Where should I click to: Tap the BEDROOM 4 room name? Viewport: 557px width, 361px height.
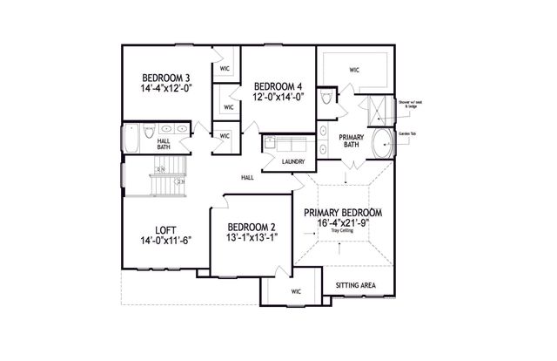(278, 85)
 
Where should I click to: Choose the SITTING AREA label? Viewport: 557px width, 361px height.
(355, 286)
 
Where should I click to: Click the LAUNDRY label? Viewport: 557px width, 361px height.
(292, 161)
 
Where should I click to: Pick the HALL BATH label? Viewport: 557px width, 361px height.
(164, 144)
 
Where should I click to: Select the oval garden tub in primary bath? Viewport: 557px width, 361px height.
(383, 143)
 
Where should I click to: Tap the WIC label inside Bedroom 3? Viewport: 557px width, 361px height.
(225, 68)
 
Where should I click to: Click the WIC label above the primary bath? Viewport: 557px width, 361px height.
(354, 69)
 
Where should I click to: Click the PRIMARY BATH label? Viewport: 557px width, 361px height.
(351, 140)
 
